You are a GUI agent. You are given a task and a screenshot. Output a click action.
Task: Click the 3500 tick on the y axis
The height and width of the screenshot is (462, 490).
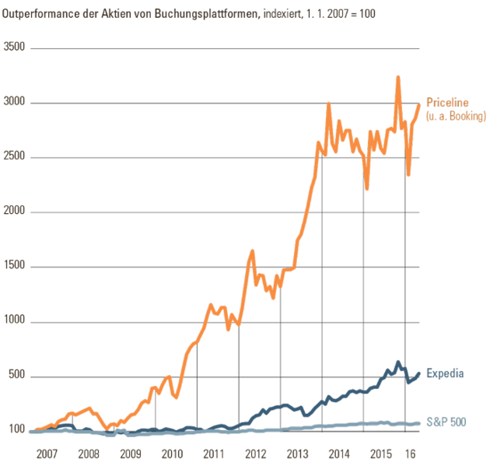[x=16, y=48]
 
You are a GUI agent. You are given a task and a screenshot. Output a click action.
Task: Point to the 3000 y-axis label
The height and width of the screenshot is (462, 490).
[x=16, y=103]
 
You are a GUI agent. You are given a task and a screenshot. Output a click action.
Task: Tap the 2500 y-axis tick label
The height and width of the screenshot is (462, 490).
[x=16, y=157]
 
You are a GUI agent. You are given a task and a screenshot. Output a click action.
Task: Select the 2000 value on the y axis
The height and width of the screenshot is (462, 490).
[x=16, y=212]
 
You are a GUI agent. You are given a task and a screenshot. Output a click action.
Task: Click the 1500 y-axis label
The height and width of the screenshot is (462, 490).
[x=16, y=267]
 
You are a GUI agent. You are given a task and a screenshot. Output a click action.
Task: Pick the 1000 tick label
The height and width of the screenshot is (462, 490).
[x=16, y=321]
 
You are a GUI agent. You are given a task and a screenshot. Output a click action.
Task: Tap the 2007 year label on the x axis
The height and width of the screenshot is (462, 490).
[x=48, y=453]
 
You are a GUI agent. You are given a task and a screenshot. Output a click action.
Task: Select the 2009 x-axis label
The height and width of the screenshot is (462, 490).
[x=130, y=453]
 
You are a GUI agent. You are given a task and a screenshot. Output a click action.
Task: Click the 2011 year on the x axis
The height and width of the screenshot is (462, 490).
[x=214, y=453]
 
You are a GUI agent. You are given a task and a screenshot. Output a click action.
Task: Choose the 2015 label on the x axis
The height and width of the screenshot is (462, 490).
[x=381, y=453]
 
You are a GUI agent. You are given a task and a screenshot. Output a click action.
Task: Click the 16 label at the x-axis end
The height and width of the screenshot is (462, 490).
[x=412, y=453]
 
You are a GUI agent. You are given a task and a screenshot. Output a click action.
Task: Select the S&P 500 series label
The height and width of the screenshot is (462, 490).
[x=448, y=422]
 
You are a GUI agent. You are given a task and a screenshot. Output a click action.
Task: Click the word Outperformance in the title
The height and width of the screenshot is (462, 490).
[x=44, y=13]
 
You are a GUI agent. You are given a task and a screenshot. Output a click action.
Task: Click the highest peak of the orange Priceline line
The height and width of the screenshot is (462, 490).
[x=398, y=77]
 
